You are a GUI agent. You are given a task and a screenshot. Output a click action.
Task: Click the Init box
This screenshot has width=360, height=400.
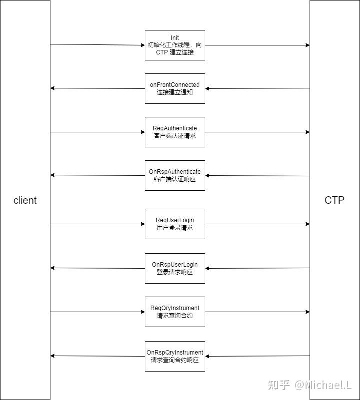coord(175,45)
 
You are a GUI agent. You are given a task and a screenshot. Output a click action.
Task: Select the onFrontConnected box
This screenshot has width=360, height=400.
coord(175,88)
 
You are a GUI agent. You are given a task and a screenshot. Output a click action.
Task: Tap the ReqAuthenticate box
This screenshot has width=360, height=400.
coord(175,132)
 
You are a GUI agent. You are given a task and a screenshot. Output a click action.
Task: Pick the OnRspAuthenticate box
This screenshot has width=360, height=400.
coord(175,175)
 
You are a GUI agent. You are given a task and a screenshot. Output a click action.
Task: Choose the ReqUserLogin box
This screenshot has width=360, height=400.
coord(175,224)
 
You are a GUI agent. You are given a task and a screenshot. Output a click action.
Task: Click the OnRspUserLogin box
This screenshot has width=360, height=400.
coord(175,268)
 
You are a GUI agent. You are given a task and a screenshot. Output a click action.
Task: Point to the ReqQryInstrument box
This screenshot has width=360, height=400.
coord(175,312)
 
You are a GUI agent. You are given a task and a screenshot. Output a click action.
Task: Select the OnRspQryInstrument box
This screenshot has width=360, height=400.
coord(175,356)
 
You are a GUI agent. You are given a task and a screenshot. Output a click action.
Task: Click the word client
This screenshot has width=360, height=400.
coord(25,200)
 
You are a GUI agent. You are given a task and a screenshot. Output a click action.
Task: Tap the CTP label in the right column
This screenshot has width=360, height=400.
coord(335,200)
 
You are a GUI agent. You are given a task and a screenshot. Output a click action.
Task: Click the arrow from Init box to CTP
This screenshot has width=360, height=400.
coord(257,45)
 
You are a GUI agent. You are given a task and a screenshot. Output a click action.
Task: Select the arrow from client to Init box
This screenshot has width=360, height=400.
coord(97,45)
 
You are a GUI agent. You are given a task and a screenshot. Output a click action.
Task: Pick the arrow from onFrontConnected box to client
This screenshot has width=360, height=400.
coord(97,88)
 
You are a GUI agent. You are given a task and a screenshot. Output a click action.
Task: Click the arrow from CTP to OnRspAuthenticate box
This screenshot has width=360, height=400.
coord(257,175)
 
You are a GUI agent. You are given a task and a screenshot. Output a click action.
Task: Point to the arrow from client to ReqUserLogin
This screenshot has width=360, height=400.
coord(97,224)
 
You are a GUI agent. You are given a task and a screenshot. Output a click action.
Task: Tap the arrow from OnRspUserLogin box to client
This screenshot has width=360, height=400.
coord(97,268)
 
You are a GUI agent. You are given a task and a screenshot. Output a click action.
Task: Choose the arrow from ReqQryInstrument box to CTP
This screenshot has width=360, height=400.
coord(257,312)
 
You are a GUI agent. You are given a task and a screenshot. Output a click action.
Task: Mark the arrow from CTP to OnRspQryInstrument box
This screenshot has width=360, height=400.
coord(257,356)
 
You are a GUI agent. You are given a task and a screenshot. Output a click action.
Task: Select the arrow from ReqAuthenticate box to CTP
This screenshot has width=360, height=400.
coord(257,132)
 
